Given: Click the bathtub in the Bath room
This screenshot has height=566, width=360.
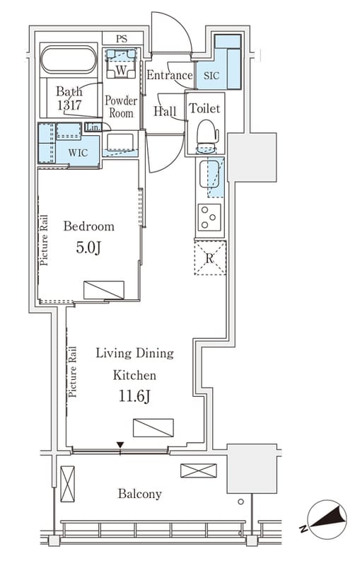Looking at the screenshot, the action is (69, 60).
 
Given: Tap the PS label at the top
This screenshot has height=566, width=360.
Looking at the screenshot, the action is (122, 39).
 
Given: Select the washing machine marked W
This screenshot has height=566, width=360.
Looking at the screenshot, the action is (122, 64).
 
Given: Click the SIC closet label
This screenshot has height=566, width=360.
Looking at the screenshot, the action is (211, 76).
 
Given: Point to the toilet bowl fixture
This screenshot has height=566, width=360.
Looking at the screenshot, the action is (207, 137).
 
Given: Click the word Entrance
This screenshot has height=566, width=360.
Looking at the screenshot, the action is (170, 75).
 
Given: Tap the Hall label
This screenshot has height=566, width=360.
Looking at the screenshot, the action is (166, 111).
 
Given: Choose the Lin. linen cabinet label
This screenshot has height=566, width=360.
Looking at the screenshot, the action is (93, 127).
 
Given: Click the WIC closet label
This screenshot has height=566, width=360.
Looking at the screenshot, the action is (78, 153).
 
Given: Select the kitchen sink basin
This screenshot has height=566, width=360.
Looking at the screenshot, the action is (209, 174).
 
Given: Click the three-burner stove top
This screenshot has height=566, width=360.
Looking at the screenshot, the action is (209, 217).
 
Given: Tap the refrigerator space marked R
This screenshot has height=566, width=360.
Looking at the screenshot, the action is (210, 258).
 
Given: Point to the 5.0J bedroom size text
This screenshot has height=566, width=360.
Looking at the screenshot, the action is (88, 248).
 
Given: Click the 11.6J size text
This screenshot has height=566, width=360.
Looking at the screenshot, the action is (134, 397).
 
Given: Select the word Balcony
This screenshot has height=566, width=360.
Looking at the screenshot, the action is (139, 493).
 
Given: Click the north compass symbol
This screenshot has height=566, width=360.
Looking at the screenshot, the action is (326, 519).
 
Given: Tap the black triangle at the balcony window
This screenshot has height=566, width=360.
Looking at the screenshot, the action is (120, 445).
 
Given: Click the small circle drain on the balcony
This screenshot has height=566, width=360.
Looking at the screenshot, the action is (240, 502).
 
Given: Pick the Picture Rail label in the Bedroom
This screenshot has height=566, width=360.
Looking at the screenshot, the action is (44, 241).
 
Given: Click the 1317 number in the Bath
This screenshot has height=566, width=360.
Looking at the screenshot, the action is (69, 105).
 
